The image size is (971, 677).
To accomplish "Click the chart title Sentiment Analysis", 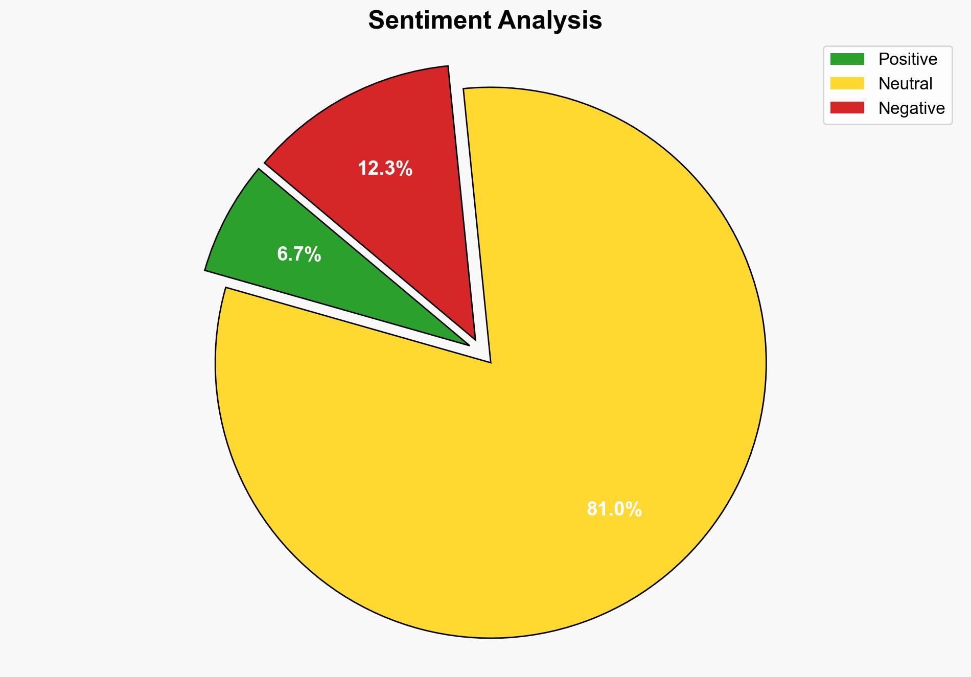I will point(485,21).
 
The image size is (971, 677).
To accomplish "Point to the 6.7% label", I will point(299,254).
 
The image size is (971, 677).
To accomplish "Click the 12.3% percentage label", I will point(385,168).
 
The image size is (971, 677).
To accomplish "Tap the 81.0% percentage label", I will point(614,509).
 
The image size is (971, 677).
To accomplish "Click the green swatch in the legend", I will point(847,59).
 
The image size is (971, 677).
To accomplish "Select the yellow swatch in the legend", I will point(847,83).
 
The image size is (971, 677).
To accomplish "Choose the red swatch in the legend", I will point(847,108).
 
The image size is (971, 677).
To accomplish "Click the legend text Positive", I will point(908,59).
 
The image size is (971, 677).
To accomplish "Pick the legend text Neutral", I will point(905,83).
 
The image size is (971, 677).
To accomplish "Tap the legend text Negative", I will point(911,108).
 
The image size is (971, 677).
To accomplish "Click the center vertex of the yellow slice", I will point(490,361).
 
